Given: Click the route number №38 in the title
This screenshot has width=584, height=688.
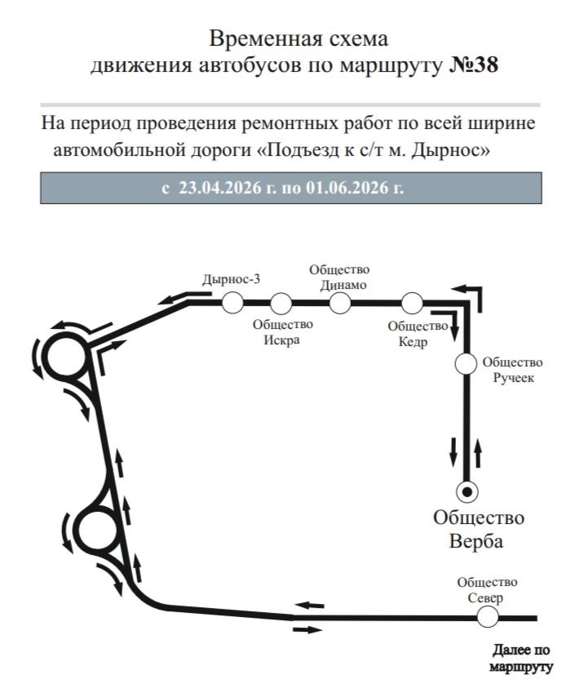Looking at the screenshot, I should click(x=474, y=64).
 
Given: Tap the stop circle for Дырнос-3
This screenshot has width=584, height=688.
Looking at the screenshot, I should click(x=233, y=303).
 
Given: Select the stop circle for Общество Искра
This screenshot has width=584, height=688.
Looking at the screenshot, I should click(x=281, y=303).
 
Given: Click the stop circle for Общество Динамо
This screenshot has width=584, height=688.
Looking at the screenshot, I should click(x=340, y=303).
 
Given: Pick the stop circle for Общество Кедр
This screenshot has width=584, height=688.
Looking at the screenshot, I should click(x=413, y=303).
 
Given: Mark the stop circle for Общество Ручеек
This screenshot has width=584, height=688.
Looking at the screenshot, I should click(x=466, y=363).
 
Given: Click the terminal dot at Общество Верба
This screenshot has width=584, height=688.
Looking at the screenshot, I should click(x=467, y=491).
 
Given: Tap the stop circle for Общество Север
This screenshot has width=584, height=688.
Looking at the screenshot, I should click(x=488, y=617).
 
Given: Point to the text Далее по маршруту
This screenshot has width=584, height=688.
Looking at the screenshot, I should click(x=522, y=658).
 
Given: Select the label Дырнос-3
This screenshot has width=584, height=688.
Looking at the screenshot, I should click(x=232, y=279).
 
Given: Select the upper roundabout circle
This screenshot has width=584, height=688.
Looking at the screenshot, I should click(x=64, y=357).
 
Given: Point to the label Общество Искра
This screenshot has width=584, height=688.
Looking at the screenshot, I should click(x=281, y=332).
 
